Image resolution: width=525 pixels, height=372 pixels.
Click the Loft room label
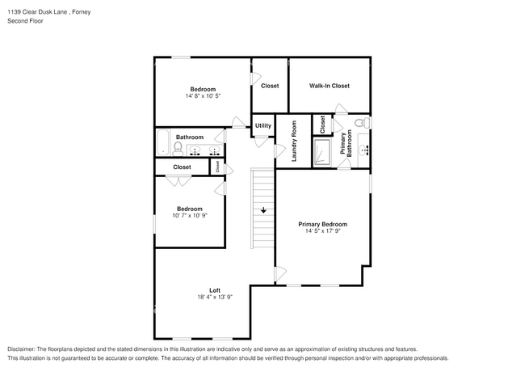[215, 290]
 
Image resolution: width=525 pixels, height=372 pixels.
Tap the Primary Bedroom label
[323, 224]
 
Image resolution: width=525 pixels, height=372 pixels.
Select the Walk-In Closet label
[330, 86]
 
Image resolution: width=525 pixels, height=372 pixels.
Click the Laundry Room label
[294, 141]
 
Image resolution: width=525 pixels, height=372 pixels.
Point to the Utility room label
[263, 125]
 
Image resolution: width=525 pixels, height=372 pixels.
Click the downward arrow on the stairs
[263, 210]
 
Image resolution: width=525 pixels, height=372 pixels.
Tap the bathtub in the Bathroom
[163, 142]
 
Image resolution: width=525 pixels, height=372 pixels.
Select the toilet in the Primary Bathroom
[362, 123]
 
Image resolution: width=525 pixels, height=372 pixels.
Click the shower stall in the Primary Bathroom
[322, 152]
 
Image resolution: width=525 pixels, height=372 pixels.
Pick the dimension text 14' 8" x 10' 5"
[203, 96]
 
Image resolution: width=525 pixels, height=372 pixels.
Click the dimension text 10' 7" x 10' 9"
[190, 215]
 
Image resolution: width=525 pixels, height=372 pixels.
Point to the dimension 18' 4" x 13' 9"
[215, 297]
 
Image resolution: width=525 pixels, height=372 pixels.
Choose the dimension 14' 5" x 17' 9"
[323, 231]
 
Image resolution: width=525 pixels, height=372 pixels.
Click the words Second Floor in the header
[26, 21]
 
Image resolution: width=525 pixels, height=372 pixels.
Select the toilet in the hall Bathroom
[178, 149]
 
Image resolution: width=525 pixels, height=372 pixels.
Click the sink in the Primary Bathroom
[363, 150]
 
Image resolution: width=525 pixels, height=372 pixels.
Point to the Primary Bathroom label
[346, 143]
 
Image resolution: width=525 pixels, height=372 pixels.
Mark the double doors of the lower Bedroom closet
[178, 181]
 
